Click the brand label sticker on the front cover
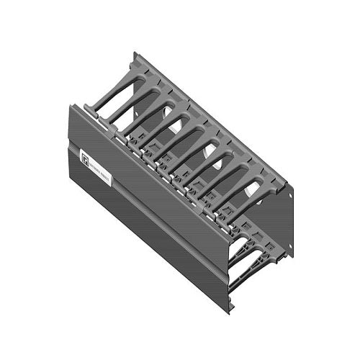[96, 167]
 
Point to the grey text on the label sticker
[100, 169]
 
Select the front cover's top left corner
[70, 107]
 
